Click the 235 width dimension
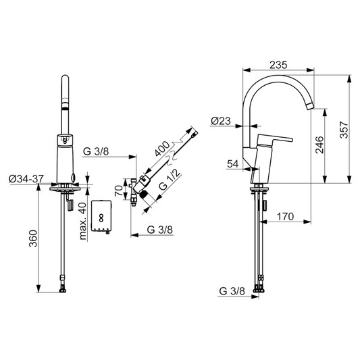(x=280, y=64)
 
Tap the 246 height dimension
(x=320, y=145)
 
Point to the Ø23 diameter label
(x=221, y=122)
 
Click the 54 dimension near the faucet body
(x=233, y=163)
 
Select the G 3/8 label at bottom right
(x=232, y=292)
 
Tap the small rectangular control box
(x=102, y=217)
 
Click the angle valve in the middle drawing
(x=140, y=187)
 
